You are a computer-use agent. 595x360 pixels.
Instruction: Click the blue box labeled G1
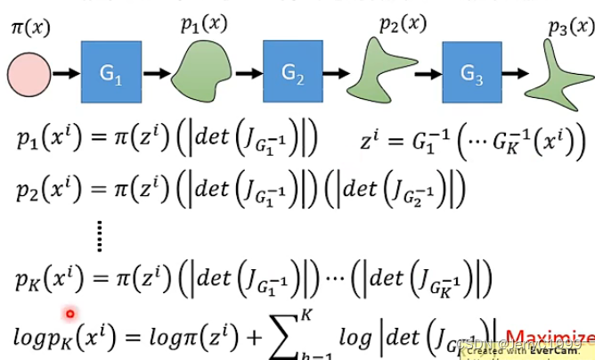[111, 72]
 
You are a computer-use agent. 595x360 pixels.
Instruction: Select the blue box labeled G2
[292, 72]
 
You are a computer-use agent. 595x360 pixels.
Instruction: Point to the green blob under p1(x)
[204, 70]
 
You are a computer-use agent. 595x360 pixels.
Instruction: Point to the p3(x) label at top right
[571, 26]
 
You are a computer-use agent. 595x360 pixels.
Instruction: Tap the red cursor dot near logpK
[69, 314]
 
